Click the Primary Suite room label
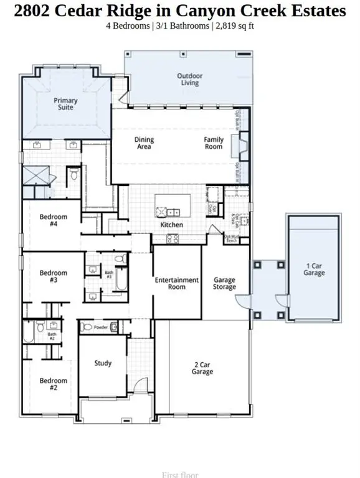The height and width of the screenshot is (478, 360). [x=66, y=103]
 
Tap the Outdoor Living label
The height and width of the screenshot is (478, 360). [x=189, y=80]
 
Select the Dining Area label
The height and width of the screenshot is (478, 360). [x=144, y=143]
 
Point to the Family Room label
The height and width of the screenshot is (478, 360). [x=214, y=143]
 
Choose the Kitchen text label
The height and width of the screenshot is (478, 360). [x=172, y=225]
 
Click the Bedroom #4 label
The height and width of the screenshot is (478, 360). [x=53, y=220]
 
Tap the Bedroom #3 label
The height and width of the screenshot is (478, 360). [x=53, y=276]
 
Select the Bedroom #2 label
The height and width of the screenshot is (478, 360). [x=53, y=384]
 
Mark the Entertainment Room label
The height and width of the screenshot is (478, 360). [x=177, y=284]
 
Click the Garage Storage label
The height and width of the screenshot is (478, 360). [x=224, y=284]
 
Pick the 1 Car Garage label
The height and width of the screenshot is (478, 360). [x=314, y=269]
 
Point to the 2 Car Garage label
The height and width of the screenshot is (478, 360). [x=202, y=368]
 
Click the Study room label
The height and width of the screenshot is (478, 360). [x=103, y=363]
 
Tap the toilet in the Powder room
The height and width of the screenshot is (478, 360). [x=87, y=327]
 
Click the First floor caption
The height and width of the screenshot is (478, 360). [x=180, y=475]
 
